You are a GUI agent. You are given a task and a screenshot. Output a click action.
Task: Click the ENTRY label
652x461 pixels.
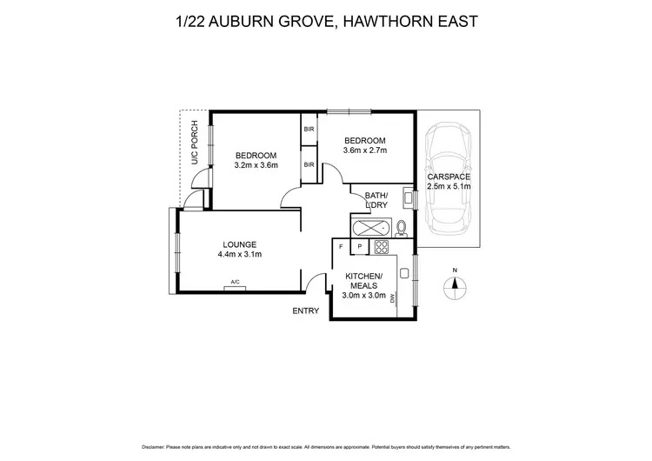[x=306, y=311]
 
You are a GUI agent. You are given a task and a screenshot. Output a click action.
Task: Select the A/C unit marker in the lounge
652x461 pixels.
[x=234, y=282]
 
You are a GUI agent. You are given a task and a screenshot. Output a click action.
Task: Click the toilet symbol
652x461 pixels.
[x=402, y=229]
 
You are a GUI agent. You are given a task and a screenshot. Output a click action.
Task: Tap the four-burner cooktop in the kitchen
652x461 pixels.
[x=381, y=247]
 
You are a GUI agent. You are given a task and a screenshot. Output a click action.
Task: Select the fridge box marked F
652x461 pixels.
[x=341, y=247]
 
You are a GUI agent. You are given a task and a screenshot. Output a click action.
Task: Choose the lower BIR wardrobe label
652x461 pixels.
[x=309, y=164]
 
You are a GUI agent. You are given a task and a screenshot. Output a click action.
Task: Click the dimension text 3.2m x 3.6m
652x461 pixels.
[x=256, y=164]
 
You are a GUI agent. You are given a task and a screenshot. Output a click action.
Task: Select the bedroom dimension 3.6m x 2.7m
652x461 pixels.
[x=365, y=150]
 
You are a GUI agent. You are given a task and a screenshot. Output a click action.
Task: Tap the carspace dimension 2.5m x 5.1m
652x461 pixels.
[x=449, y=186]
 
